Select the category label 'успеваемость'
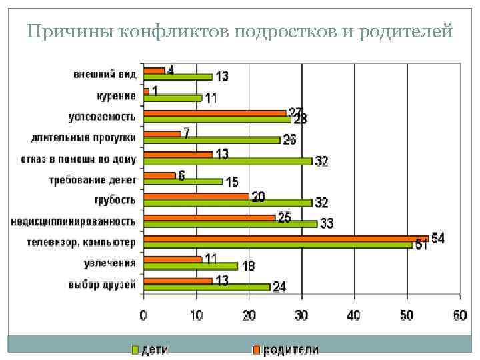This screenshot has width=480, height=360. pyautogui.click(x=102, y=117)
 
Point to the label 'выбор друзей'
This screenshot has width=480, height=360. pyautogui.click(x=103, y=285)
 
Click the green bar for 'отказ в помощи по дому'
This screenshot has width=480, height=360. pyautogui.click(x=228, y=161)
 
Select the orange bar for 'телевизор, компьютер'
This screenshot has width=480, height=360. pyautogui.click(x=286, y=238)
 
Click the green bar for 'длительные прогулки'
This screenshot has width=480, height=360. pyautogui.click(x=212, y=140)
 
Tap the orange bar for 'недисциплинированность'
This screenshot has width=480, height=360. pyautogui.click(x=209, y=217)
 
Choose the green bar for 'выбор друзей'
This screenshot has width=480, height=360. pyautogui.click(x=207, y=287)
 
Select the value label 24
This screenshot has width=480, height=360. pyautogui.click(x=279, y=287)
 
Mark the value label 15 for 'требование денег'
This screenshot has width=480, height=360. pyautogui.click(x=231, y=181)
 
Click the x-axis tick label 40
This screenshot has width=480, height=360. pyautogui.click(x=353, y=315)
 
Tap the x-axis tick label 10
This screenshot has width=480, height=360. pyautogui.click(x=196, y=315)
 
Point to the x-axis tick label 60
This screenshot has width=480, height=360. pyautogui.click(x=459, y=315)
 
